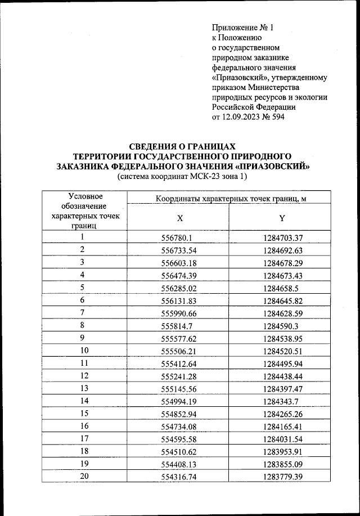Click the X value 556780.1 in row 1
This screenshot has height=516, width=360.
tap(177, 238)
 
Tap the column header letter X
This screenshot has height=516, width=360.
tap(178, 217)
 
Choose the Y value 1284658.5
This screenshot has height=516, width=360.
tap(283, 288)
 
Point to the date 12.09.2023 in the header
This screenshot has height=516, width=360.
tap(249, 117)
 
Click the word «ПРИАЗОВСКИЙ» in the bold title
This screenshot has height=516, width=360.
tap(272, 167)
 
